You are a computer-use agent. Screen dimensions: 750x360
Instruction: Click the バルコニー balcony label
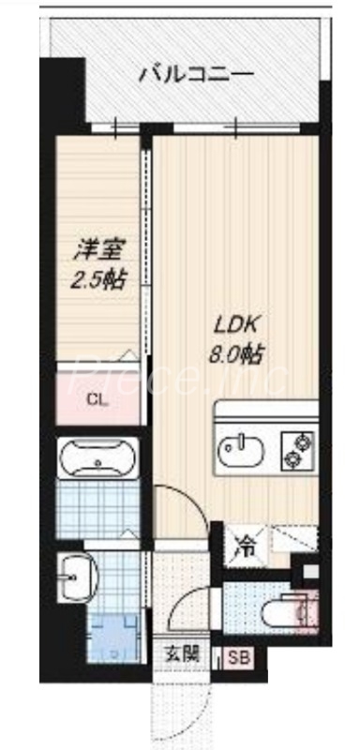[x=196, y=73]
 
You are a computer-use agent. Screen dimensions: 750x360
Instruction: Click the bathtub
[x=98, y=460]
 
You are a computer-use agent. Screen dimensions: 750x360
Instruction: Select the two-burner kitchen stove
[x=298, y=449]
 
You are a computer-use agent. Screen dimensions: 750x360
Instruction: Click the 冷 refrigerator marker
[x=243, y=543]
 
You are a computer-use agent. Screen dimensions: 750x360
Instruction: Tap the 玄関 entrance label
[x=183, y=655]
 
